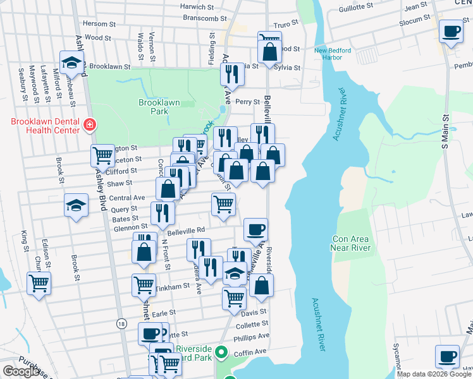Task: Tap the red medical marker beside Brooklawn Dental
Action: (90, 126)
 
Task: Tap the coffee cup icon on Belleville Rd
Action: (255, 230)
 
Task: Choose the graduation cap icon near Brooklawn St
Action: (72, 63)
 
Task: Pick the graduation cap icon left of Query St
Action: (76, 206)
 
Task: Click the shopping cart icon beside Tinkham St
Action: (144, 285)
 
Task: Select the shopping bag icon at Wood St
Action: (269, 51)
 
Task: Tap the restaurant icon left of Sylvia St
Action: (232, 75)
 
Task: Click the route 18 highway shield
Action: (121, 323)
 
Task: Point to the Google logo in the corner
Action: (21, 371)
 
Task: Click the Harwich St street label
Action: (197, 7)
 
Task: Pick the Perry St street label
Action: (247, 102)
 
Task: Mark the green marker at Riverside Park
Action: (221, 352)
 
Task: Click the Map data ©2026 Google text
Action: (434, 374)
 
